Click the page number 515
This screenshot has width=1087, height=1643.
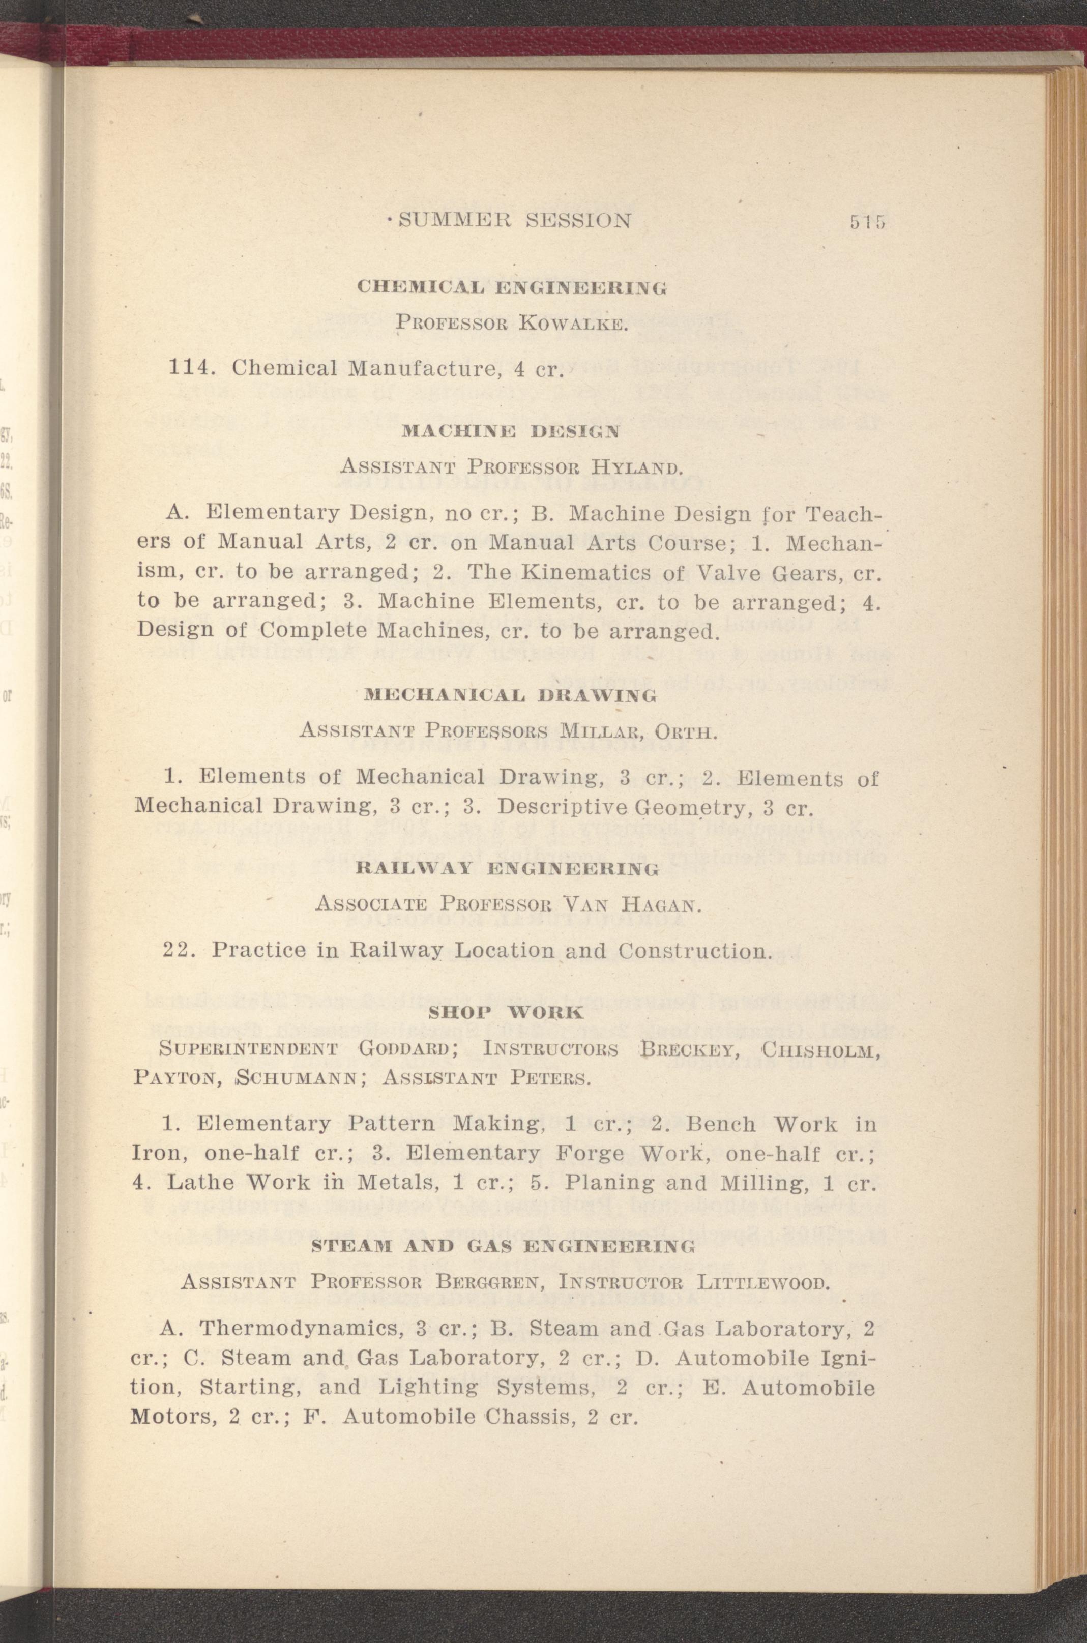867,222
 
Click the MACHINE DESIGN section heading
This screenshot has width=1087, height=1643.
510,430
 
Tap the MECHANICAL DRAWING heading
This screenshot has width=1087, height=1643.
510,695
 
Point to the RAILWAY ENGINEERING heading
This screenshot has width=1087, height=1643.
506,869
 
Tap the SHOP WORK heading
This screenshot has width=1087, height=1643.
507,1013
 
